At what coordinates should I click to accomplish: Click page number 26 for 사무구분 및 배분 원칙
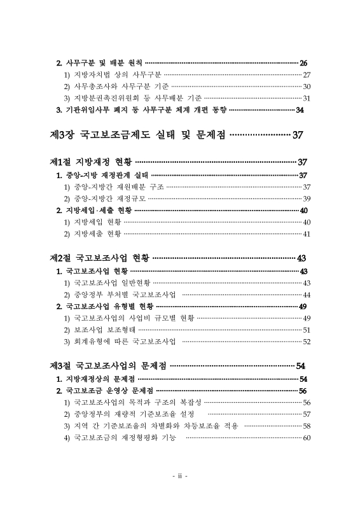point(303,63)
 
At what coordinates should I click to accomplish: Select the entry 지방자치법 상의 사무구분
point(112,75)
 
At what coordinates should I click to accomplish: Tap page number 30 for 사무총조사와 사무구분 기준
point(306,87)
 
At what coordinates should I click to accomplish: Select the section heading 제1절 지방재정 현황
point(91,162)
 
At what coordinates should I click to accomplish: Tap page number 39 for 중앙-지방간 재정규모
point(306,199)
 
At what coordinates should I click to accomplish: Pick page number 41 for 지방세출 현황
point(306,234)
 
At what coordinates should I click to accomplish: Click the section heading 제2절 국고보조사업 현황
point(99,258)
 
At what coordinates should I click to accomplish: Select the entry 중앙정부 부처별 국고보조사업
point(124,295)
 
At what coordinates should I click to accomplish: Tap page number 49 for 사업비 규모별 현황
point(306,317)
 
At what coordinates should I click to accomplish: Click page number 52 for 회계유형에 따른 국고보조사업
point(306,342)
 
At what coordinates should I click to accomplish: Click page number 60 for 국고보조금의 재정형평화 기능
point(306,438)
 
